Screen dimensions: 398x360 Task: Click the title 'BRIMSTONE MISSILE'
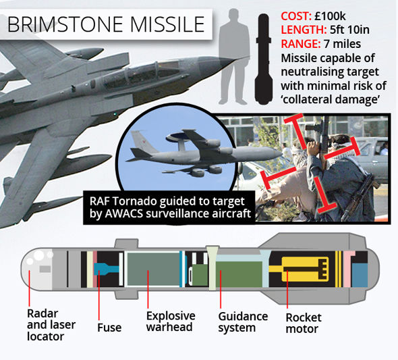(106, 24)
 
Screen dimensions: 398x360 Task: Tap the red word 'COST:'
(296, 16)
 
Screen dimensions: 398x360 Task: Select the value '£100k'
(330, 16)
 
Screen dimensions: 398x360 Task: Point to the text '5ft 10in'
(349, 30)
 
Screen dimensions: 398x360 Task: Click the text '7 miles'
(342, 44)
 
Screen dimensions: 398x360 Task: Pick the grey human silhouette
(234, 57)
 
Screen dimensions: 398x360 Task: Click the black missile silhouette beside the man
(264, 59)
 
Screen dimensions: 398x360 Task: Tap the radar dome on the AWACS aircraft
(182, 137)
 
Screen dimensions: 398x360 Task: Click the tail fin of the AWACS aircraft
(141, 142)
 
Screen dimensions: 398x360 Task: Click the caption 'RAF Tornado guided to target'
(167, 201)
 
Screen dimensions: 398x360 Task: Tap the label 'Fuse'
(109, 328)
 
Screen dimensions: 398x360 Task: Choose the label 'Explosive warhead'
(171, 321)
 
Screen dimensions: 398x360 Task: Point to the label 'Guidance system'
(243, 322)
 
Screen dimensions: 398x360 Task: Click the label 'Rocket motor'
(304, 323)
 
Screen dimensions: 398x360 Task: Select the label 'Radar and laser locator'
(51, 325)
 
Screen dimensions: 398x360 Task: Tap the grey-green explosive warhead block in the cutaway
(153, 269)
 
